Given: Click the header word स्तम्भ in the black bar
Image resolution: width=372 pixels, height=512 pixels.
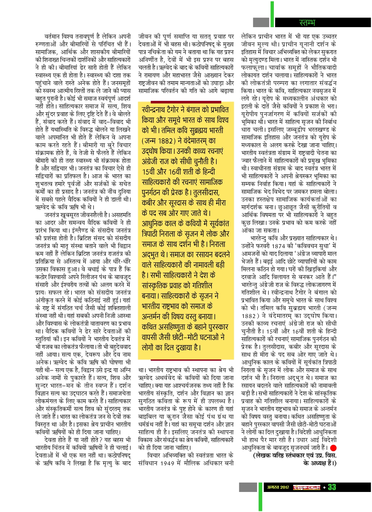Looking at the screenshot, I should [307, 22].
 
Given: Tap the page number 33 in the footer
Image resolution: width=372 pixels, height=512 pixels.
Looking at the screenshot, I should [332, 487].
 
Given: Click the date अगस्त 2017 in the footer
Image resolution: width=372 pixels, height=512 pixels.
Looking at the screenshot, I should [278, 487].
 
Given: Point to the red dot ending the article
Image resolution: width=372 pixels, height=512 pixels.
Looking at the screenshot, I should [333, 448].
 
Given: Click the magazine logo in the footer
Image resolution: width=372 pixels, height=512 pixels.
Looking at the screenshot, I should [306, 487].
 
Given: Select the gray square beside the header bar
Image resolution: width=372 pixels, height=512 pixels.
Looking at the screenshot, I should [261, 22].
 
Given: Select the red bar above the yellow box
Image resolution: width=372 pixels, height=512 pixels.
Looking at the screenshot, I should [186, 101].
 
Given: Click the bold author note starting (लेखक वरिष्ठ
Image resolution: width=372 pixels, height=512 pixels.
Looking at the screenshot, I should [294, 455].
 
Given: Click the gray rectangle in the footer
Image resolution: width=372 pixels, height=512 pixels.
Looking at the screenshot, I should [248, 487].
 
